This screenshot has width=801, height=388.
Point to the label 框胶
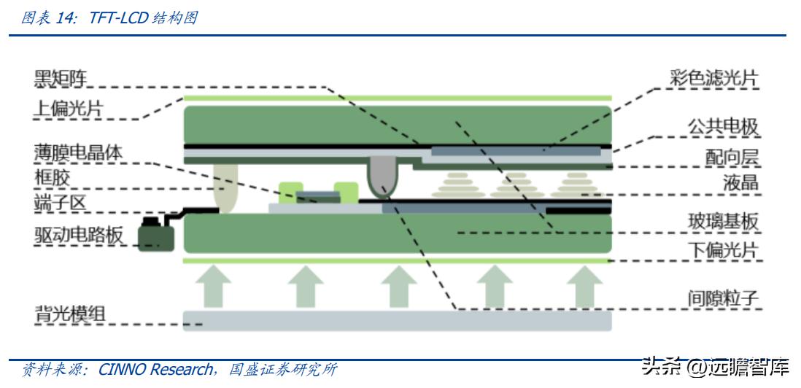coord(52,178)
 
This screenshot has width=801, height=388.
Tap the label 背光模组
coord(70,314)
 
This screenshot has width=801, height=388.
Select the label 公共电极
coord(723,127)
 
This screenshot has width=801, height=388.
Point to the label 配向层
coord(732,157)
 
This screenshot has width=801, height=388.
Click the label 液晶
coord(740,182)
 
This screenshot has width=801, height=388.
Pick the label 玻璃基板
coord(723,221)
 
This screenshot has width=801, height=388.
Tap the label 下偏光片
coord(723,250)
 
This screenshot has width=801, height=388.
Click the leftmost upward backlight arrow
coord(213,285)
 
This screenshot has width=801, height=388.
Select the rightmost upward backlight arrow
coord(584,285)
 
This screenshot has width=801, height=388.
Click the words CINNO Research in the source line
coord(155,369)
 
